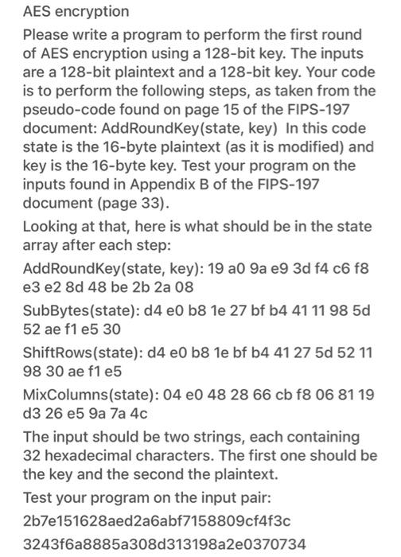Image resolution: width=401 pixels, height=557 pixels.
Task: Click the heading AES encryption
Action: coord(76,12)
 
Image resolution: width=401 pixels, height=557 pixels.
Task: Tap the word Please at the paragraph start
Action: coord(46,35)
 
